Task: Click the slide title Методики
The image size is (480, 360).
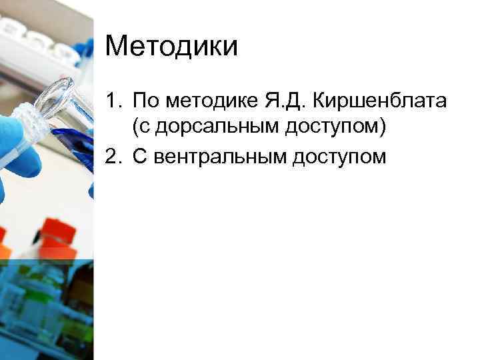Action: [171, 47]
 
